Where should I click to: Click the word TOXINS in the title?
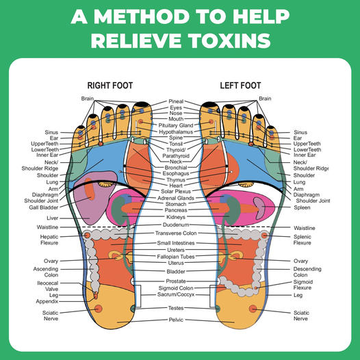pos(230,40)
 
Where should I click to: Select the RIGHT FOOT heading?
pos(110,86)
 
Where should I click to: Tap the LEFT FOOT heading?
pos(240,86)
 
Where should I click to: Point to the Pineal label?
pos(176,101)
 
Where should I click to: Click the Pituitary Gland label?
pos(176,125)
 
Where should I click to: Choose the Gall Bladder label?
pos(44,207)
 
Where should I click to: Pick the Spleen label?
pos(302,207)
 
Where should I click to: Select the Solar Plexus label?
pos(176,191)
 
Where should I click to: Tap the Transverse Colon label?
pos(176,233)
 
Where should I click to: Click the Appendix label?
pos(47,301)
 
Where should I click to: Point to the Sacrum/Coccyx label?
pos(176,294)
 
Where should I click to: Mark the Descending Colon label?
pos(307,272)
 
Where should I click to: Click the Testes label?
pos(176,308)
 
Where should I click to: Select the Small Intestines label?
pos(176,243)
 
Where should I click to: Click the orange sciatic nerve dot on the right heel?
pos(99,309)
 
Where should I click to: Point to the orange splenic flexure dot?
pos(264,235)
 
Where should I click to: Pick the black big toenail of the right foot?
pos(142,105)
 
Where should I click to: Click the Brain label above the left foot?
pos(265,99)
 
